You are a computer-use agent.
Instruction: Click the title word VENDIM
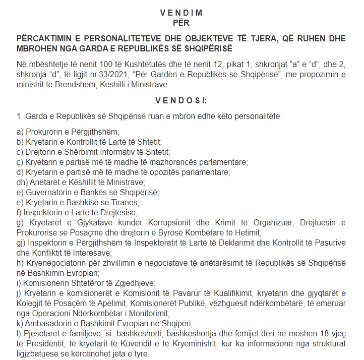coord(181,12)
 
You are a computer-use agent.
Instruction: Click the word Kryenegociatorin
coord(54,263)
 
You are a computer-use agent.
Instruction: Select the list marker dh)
coord(22,182)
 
